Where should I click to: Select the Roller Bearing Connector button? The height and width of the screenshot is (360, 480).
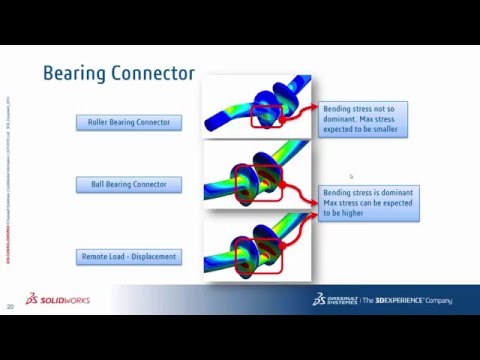point(128,123)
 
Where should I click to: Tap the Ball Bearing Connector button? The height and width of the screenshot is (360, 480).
point(128,184)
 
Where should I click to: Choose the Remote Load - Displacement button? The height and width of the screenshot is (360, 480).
point(128,257)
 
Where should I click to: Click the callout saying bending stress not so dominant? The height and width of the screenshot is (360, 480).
point(363,119)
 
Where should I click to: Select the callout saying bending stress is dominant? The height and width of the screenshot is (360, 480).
point(369,202)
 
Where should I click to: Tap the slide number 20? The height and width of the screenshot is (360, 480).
point(10,306)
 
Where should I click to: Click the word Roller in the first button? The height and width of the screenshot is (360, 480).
point(99,123)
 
